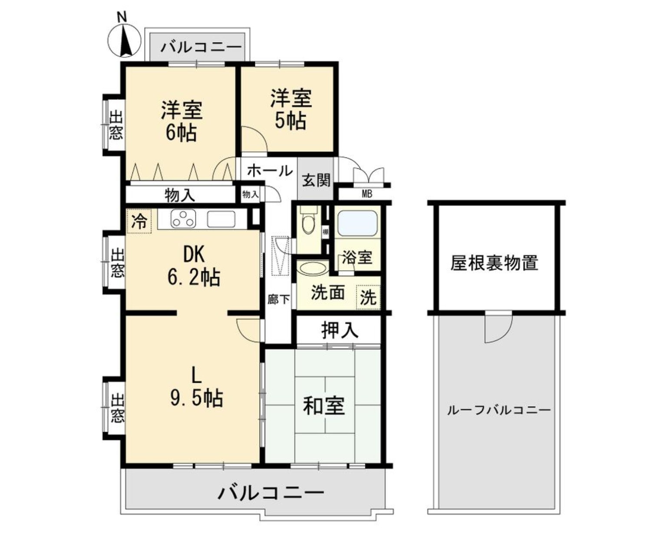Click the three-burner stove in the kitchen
183,219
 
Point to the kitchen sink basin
221,219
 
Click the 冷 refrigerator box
138,221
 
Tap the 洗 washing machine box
368,297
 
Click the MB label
367,194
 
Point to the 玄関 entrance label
316,181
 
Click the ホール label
270,171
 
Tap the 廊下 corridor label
279,299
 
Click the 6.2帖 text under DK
194,277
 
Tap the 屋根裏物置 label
494,263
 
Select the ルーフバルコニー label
499,410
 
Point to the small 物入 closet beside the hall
251,194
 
